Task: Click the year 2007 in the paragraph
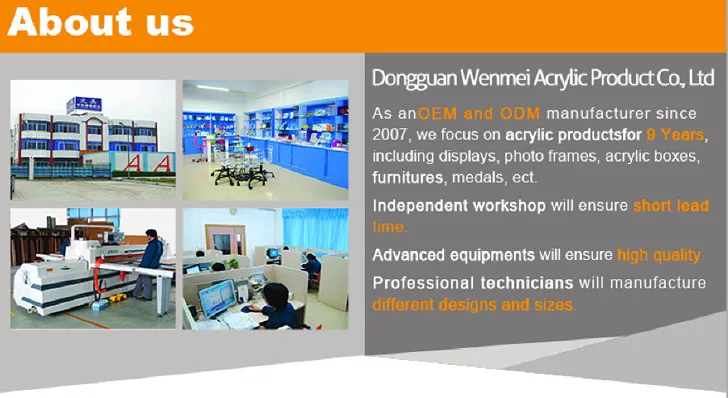coord(391,135)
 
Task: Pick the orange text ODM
coord(520,114)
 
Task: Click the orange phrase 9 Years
coord(675,135)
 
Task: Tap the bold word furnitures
coord(408,177)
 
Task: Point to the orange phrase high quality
coord(658,255)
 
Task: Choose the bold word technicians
coord(527,283)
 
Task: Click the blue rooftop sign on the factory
coord(84,105)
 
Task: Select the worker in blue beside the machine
coord(150,263)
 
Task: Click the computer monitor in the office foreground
coord(217,298)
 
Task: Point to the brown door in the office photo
coord(226,240)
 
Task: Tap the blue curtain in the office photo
coord(315,230)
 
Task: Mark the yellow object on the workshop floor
coord(117,297)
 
